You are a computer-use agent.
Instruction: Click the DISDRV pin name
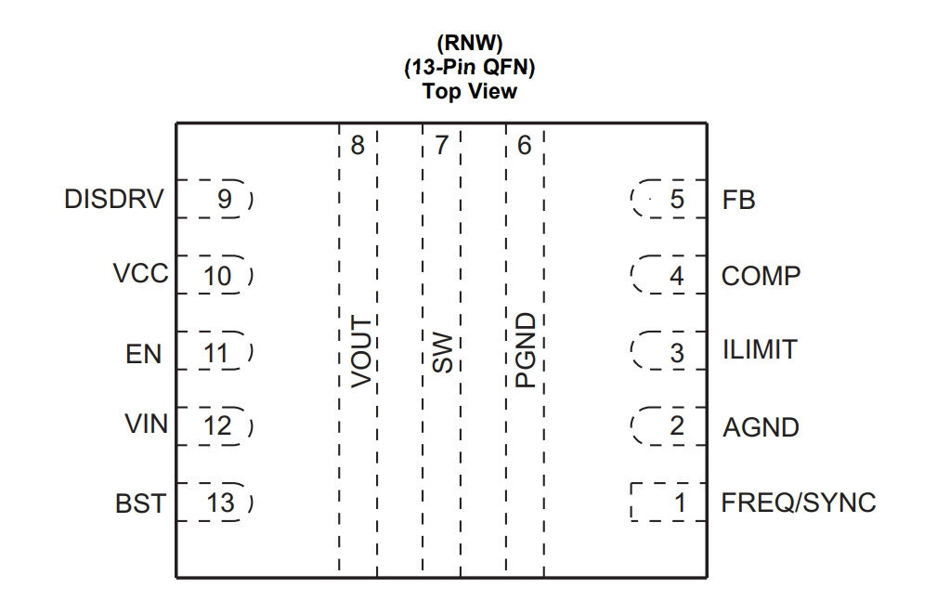(x=114, y=200)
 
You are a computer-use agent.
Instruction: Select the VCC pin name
(x=140, y=273)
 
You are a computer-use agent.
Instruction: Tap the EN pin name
(x=144, y=355)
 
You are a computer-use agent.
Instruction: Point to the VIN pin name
(x=146, y=425)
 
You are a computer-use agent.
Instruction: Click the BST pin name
(x=140, y=503)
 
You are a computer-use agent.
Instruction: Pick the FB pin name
(x=738, y=200)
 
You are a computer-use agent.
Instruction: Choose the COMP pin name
(x=761, y=276)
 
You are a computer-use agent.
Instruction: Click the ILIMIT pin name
(x=759, y=349)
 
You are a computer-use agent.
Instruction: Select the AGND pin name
(x=761, y=427)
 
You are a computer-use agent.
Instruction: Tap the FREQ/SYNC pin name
(x=799, y=503)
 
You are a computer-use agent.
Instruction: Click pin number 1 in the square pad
(x=681, y=503)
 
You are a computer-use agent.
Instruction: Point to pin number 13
(x=220, y=503)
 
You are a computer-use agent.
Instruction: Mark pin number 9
(x=225, y=199)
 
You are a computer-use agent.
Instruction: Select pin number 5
(x=677, y=200)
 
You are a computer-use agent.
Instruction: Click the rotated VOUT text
(x=361, y=351)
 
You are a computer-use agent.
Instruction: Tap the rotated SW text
(x=443, y=353)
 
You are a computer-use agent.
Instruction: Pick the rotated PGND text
(x=526, y=350)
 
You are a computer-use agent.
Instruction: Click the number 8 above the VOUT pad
(x=358, y=146)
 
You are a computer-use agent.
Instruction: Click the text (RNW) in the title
(x=470, y=43)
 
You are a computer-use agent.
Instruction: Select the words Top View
(x=470, y=91)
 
